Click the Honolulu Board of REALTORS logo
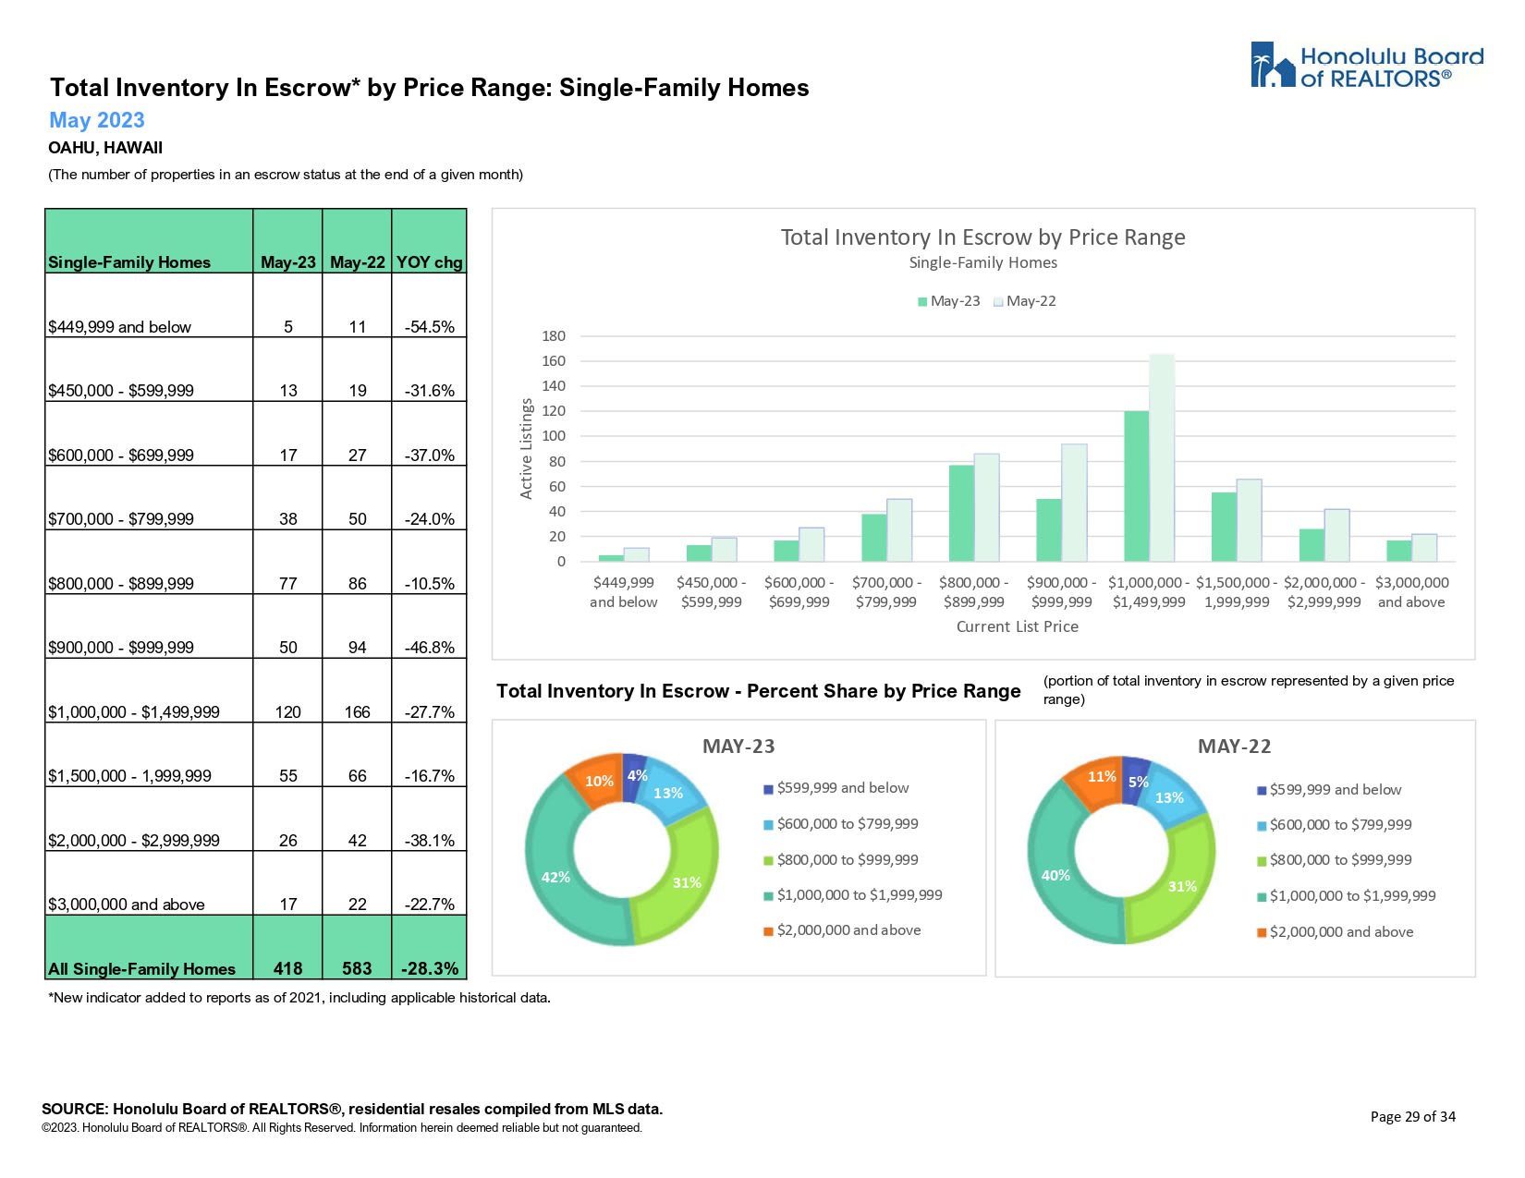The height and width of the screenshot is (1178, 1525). pyautogui.click(x=1366, y=66)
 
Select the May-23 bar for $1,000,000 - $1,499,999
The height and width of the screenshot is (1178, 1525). pyautogui.click(x=1136, y=486)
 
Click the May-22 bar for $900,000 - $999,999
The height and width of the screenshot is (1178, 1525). pyautogui.click(x=1074, y=503)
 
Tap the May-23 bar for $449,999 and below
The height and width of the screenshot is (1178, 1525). pyautogui.click(x=611, y=558)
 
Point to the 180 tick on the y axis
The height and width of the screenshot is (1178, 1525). pyautogui.click(x=554, y=336)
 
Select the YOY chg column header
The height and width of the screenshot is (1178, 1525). pyautogui.click(x=429, y=262)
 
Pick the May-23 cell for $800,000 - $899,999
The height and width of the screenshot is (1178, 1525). pyautogui.click(x=288, y=584)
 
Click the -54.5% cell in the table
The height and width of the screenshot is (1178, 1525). pyautogui.click(x=429, y=327)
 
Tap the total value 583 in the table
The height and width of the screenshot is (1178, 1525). pyautogui.click(x=357, y=968)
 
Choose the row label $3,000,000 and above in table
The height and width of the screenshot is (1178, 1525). pyautogui.click(x=127, y=905)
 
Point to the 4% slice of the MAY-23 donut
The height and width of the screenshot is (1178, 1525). pyautogui.click(x=635, y=774)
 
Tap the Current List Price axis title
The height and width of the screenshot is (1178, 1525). pyautogui.click(x=1017, y=626)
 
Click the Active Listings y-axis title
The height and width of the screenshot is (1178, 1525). pyautogui.click(x=527, y=449)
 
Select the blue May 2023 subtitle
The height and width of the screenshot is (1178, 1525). pyautogui.click(x=97, y=120)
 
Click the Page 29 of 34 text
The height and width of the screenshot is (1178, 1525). pyautogui.click(x=1412, y=1117)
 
